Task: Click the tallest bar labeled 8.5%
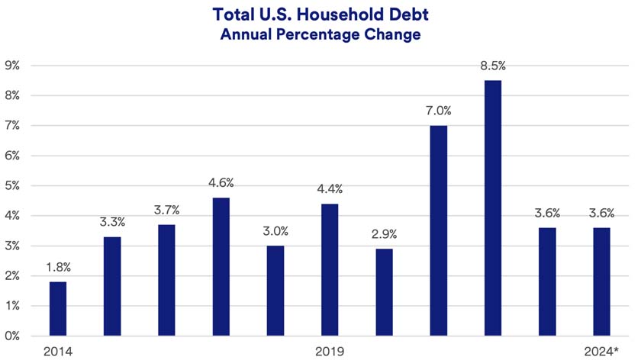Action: point(493,207)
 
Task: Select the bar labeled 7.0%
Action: point(439,230)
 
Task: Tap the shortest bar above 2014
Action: point(58,309)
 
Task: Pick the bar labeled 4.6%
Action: point(221,267)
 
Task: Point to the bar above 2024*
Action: point(602,281)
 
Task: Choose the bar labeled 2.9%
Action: point(385,292)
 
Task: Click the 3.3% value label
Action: point(112,222)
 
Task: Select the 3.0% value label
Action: point(275,231)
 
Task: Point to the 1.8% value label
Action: point(58,267)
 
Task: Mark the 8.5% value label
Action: point(493,66)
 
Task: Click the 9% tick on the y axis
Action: point(16,66)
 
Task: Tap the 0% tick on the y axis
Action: point(16,336)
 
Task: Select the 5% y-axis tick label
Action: point(16,186)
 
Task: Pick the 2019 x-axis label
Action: point(330,351)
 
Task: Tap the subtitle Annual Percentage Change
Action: point(320,35)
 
